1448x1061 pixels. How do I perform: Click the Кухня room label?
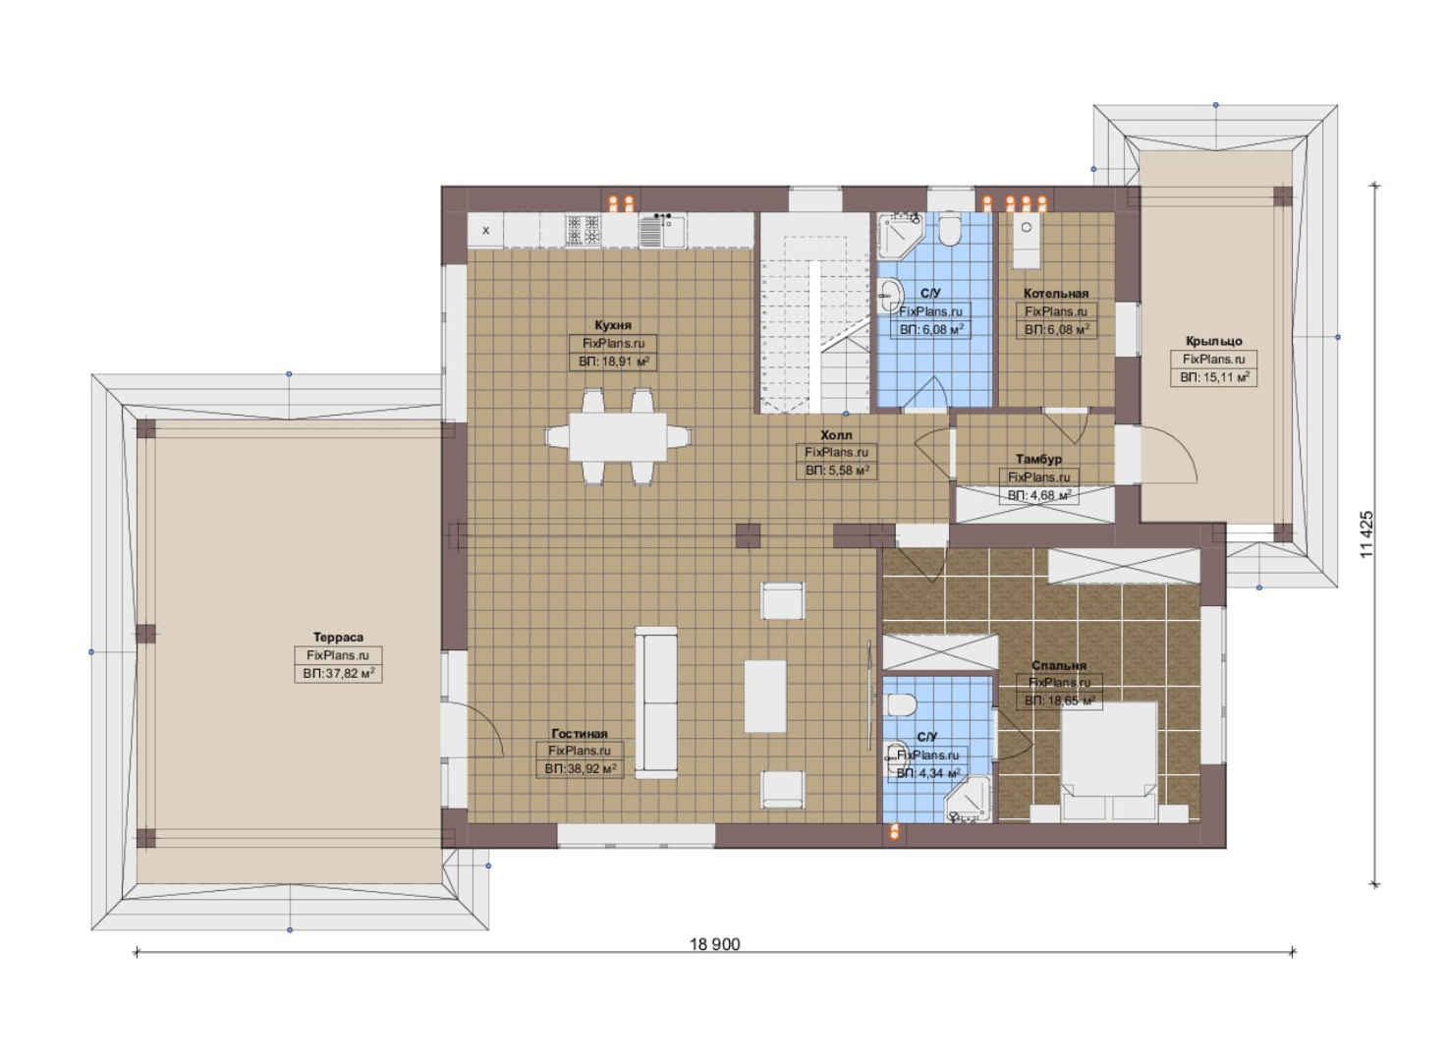(x=612, y=325)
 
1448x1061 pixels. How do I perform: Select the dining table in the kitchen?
(x=617, y=436)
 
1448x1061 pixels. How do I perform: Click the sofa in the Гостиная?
(x=655, y=702)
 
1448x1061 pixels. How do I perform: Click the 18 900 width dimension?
(x=714, y=945)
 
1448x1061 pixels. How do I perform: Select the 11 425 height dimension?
(x=1365, y=534)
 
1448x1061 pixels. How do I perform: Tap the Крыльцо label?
(x=1213, y=341)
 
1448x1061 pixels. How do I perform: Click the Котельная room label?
(x=1056, y=294)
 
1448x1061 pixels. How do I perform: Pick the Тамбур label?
(x=1038, y=459)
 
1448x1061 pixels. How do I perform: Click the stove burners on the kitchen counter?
(x=584, y=230)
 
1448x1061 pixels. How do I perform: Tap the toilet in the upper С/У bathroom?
(x=949, y=230)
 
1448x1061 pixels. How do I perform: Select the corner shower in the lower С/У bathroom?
(x=967, y=800)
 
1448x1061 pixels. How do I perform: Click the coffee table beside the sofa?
(x=764, y=696)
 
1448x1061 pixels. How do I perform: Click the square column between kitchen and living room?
(x=748, y=535)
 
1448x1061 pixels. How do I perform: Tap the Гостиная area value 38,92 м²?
(x=580, y=769)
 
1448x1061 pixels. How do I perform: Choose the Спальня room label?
(x=1059, y=665)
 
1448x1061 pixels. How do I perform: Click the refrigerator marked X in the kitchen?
(x=485, y=230)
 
